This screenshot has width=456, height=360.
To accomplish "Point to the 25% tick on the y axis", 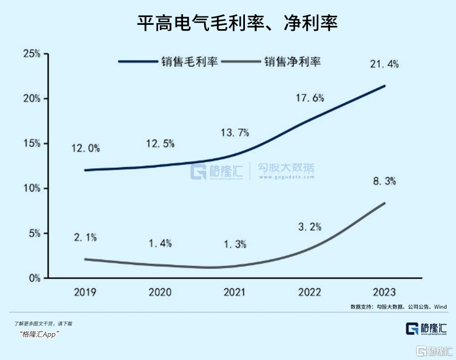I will click(x=31, y=54).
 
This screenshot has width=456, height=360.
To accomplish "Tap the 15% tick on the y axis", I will click(x=31, y=144).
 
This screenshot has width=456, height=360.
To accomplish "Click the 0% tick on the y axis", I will click(x=34, y=278).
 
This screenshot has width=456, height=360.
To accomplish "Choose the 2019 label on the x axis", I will click(x=85, y=292).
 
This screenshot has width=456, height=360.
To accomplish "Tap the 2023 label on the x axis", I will click(x=384, y=292).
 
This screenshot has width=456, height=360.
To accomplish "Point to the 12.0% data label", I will click(x=86, y=149).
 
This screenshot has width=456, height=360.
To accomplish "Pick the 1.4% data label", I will click(x=160, y=243).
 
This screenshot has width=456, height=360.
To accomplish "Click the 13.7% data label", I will click(x=234, y=133).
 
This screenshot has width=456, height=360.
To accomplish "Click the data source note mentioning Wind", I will click(x=398, y=307).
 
